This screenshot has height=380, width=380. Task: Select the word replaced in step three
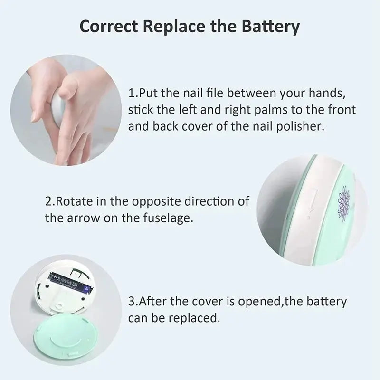pyautogui.click(x=198, y=318)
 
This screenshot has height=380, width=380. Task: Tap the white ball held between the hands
pyautogui.click(x=58, y=108)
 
